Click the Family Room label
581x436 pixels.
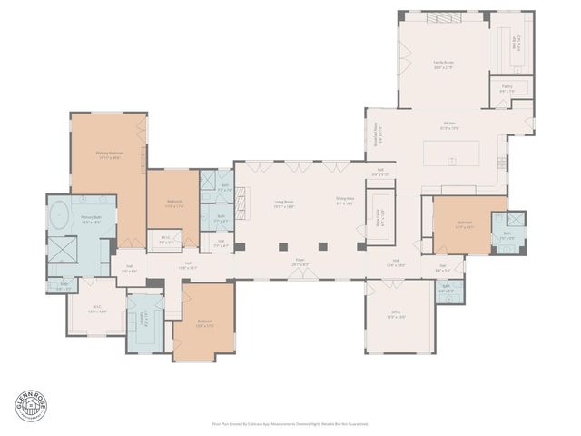pos(443,64)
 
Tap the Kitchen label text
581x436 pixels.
pos(449,127)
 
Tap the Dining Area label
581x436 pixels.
pos(344,203)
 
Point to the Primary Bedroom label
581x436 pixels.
pos(109,154)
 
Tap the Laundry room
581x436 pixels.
pos(144,320)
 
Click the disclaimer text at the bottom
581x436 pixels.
pos(290,423)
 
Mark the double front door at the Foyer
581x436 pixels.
pos(300,276)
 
